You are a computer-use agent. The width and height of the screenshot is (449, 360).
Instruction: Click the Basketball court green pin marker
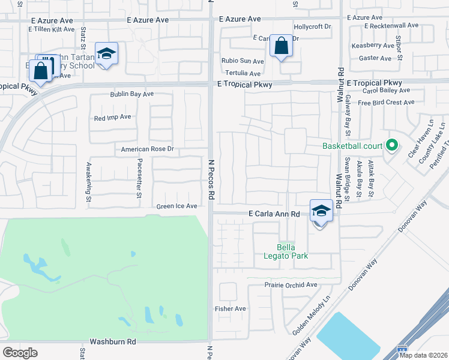(x=392, y=145)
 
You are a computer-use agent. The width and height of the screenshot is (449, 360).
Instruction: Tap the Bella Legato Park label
(x=292, y=251)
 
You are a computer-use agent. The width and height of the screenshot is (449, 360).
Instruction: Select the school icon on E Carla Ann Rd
(x=321, y=211)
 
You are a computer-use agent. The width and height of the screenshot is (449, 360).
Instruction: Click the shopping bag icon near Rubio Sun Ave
(x=280, y=46)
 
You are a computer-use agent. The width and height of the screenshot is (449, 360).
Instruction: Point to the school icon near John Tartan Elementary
(x=106, y=54)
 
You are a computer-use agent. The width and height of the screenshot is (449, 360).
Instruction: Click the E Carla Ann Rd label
(x=274, y=214)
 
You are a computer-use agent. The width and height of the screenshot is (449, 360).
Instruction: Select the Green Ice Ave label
(x=176, y=206)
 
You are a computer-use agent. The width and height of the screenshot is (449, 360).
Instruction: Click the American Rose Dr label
(x=147, y=149)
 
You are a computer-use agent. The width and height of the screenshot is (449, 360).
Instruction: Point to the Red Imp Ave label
(x=112, y=117)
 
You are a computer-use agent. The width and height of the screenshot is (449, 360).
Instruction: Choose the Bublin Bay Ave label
(x=131, y=94)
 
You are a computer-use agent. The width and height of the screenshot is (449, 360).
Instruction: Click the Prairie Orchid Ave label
(x=291, y=285)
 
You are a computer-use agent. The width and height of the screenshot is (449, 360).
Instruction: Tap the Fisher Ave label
(x=231, y=309)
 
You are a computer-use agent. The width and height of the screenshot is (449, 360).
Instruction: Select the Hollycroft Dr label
(x=312, y=27)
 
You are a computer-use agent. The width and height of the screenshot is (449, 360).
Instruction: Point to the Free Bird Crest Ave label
(x=385, y=103)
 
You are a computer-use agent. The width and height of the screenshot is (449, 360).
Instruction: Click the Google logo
(x=20, y=353)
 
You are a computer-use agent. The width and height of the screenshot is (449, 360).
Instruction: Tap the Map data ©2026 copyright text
(x=423, y=355)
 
